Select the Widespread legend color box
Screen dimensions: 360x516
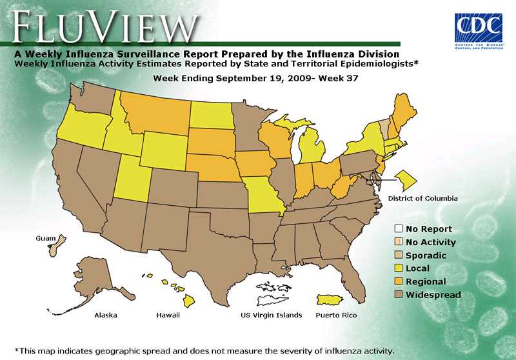[x=399, y=295]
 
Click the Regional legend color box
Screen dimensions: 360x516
[x=399, y=282]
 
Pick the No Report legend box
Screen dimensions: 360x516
[x=399, y=228]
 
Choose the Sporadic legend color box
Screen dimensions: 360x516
[x=399, y=255]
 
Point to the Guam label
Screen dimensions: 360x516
[x=45, y=238]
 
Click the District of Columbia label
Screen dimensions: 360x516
[x=422, y=198]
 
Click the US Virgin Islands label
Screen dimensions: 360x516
[x=271, y=315]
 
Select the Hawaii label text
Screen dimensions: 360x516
[x=168, y=315]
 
